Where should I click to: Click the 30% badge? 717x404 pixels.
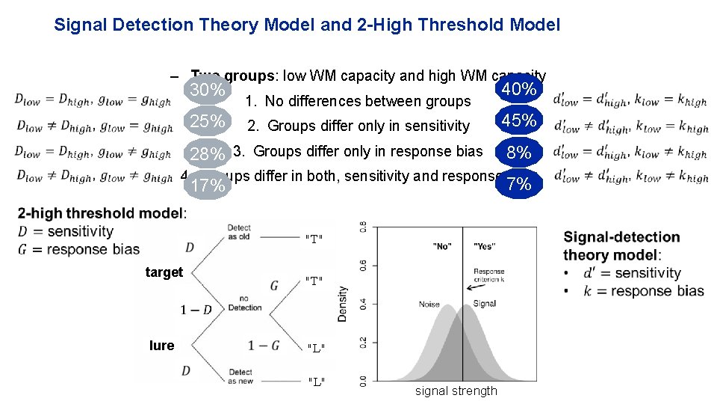pyautogui.click(x=208, y=91)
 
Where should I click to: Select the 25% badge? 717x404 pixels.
pyautogui.click(x=208, y=121)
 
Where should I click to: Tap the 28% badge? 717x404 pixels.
pyautogui.click(x=208, y=155)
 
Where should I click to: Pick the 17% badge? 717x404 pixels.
pyautogui.click(x=208, y=185)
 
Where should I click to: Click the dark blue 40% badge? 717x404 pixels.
pyautogui.click(x=519, y=90)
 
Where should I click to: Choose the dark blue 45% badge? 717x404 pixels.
pyautogui.click(x=519, y=120)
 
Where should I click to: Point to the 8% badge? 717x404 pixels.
pyautogui.click(x=519, y=153)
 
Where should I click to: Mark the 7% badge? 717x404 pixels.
pyautogui.click(x=519, y=184)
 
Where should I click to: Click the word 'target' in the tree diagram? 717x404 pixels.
pyautogui.click(x=164, y=272)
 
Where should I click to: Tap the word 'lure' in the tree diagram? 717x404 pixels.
pyautogui.click(x=161, y=345)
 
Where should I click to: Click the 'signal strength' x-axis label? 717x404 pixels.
pyautogui.click(x=456, y=391)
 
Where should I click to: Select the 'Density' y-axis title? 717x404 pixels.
pyautogui.click(x=343, y=304)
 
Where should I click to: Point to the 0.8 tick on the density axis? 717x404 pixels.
pyautogui.click(x=363, y=227)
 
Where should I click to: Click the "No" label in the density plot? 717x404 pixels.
pyautogui.click(x=442, y=246)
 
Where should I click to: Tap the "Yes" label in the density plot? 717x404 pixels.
pyautogui.click(x=484, y=246)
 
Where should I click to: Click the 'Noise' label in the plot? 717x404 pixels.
pyautogui.click(x=429, y=304)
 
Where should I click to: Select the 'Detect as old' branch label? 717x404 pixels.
pyautogui.click(x=239, y=232)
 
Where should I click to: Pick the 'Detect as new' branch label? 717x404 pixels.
pyautogui.click(x=240, y=376)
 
